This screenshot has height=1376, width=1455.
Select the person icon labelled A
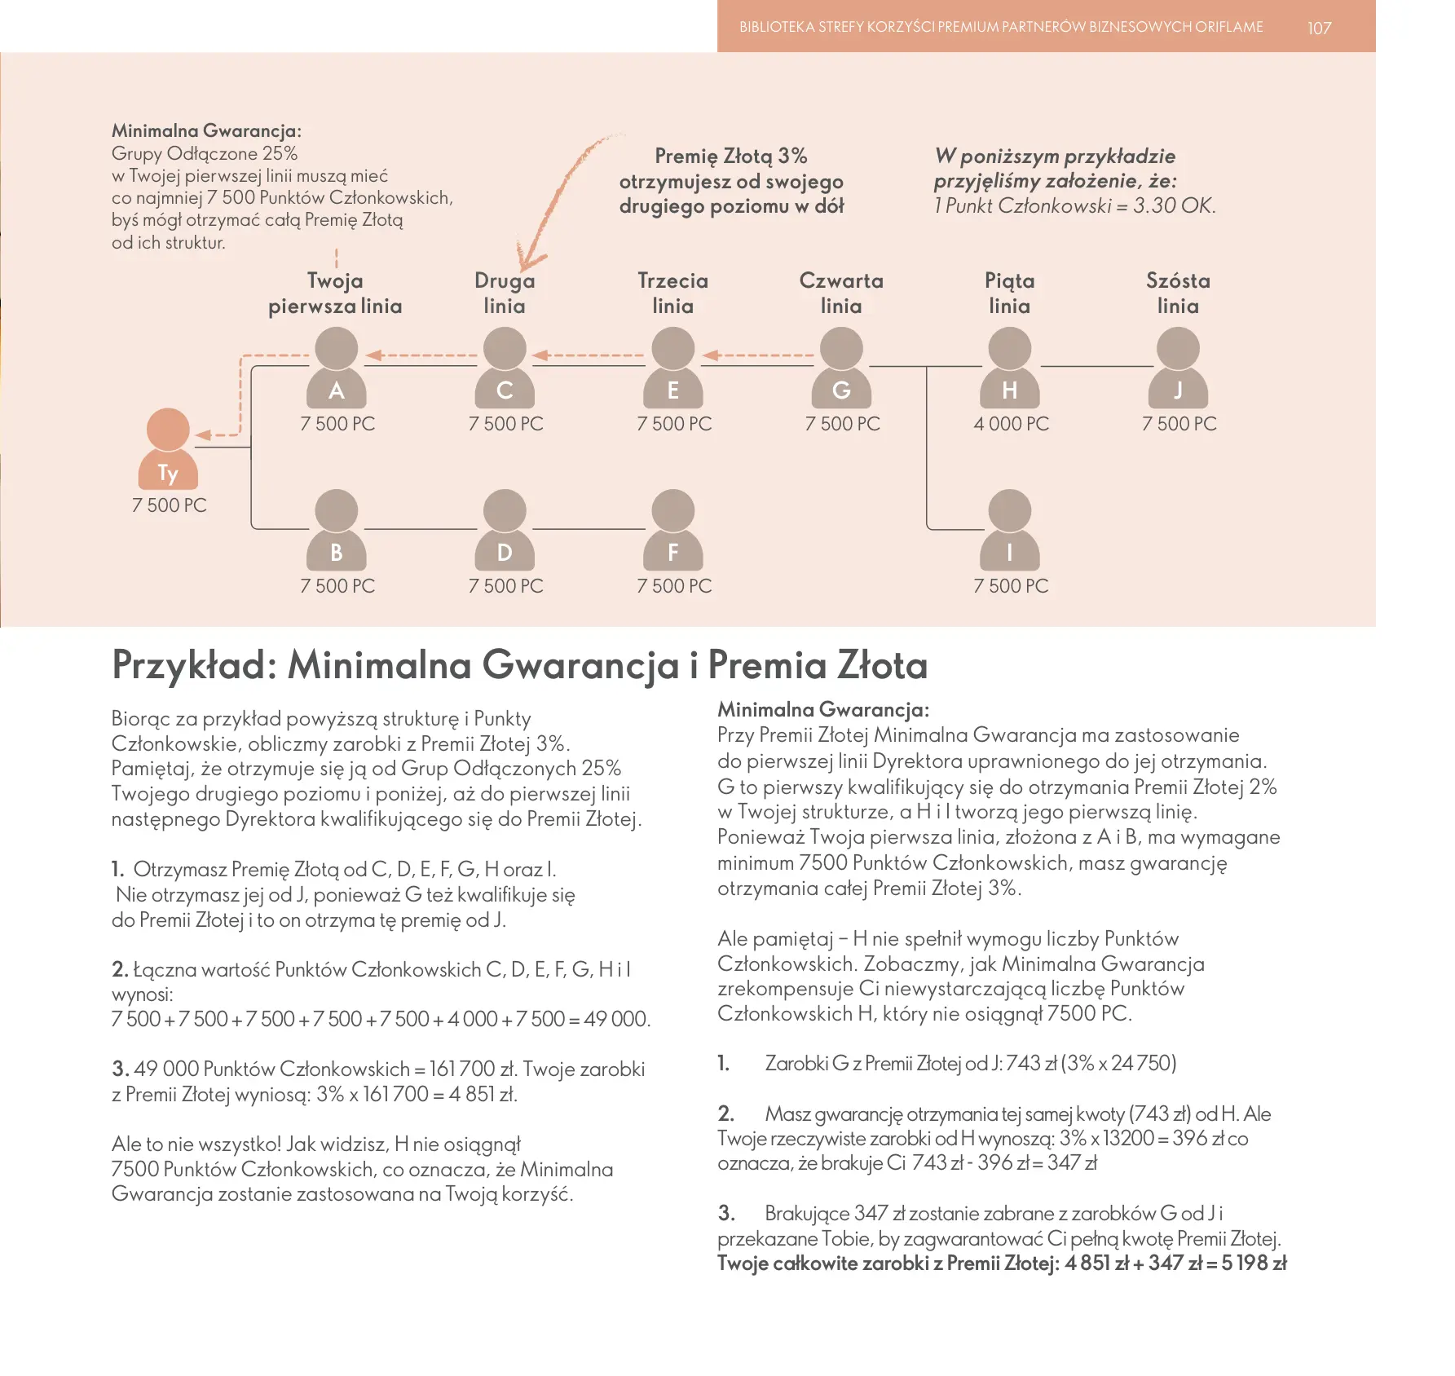coord(336,368)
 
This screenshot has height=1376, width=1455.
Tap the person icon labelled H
coord(1009,368)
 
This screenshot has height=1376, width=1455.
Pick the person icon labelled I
coord(1009,530)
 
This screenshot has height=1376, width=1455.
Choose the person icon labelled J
coord(1178,368)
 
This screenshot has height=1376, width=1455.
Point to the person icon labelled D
coord(505,530)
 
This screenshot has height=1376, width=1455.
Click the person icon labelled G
coord(841,368)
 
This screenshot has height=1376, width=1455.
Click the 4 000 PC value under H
coord(1011,424)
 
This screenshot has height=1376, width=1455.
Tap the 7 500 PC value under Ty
coord(170,505)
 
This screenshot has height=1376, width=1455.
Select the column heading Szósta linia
coord(1178,293)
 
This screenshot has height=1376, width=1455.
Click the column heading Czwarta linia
coord(841,293)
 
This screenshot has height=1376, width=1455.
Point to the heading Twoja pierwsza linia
coord(335,293)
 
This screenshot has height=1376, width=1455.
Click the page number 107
coord(1319,28)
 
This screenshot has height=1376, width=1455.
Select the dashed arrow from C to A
coord(421,355)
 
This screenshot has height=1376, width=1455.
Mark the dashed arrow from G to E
coord(758,355)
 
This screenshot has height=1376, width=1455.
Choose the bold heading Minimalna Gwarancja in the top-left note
coord(206,130)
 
